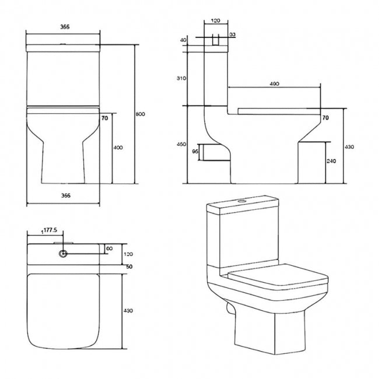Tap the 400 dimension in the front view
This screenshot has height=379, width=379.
118,148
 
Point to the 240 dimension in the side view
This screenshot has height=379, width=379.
331,162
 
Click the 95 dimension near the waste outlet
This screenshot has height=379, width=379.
195,150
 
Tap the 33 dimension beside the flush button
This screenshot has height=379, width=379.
232,36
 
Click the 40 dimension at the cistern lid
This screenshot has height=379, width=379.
183,40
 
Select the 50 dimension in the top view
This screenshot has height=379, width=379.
128,266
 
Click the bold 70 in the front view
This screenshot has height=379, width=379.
105,118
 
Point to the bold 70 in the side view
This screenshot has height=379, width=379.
325,118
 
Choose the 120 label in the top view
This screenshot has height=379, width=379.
129,255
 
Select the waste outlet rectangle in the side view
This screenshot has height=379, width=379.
210,151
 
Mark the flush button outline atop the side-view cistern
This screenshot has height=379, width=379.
215,41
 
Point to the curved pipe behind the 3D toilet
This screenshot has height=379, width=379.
228,306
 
